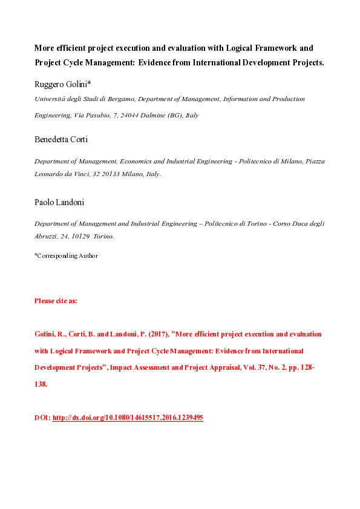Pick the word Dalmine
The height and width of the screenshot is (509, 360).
coord(157,114)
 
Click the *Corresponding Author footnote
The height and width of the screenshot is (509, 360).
coord(66,255)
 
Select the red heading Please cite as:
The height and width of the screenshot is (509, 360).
coord(56,300)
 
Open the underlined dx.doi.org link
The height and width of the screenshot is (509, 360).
coord(128,418)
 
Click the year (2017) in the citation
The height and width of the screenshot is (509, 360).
coord(137,334)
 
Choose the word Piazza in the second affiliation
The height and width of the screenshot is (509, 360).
coord(313,162)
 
